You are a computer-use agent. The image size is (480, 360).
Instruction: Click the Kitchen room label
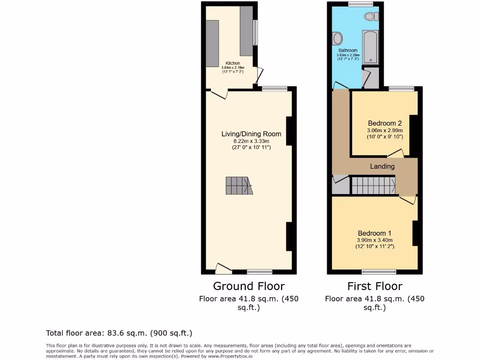coord(233,63)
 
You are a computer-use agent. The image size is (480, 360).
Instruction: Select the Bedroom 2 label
coord(385,123)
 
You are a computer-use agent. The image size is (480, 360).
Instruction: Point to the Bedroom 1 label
coord(375,233)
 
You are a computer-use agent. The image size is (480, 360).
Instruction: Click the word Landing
coord(382,166)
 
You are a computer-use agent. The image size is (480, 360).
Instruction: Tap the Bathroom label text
coord(348,51)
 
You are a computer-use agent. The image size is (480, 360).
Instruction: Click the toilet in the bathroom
coord(371,16)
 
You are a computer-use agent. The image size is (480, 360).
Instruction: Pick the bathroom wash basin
coord(337,37)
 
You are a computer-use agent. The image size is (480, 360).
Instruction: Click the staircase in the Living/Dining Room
coord(238,186)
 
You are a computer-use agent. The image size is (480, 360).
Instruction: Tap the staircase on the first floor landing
coord(373,185)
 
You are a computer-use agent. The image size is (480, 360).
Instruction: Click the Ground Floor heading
coord(248,286)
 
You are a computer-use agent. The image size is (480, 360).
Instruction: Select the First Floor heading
coord(375,286)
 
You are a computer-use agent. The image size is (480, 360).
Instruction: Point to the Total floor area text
coord(119,333)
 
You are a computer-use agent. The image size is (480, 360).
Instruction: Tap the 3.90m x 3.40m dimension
coord(375,240)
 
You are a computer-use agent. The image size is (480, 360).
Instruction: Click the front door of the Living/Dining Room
coord(223,269)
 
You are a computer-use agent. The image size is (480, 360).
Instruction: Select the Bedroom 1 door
coord(408,200)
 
